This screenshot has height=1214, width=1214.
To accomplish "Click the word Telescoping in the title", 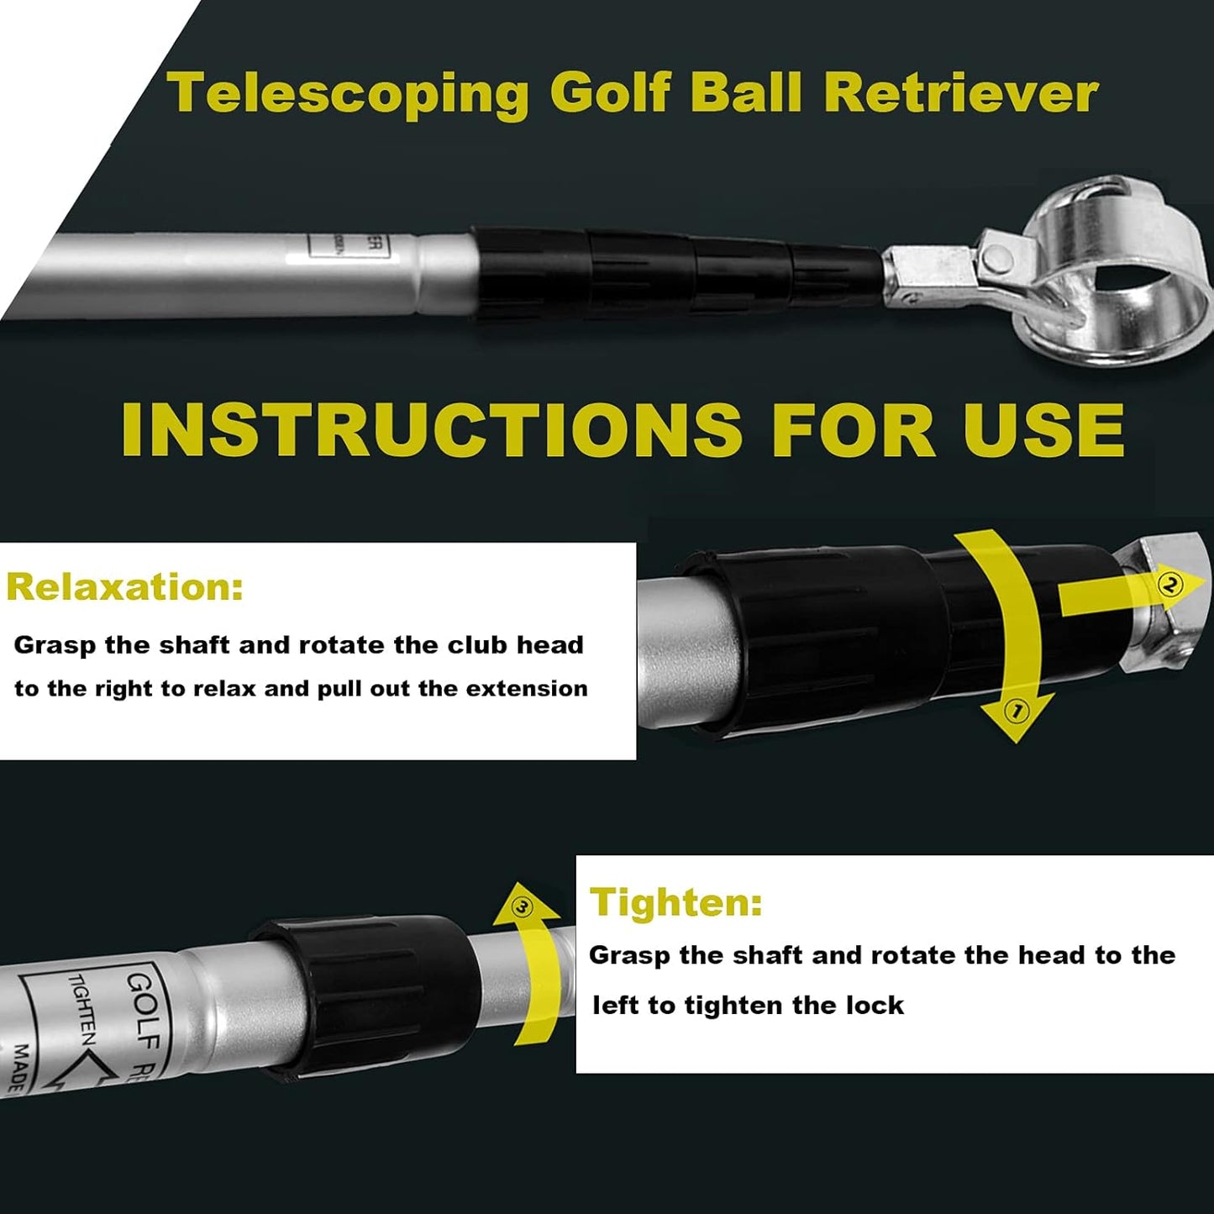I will tap(348, 92).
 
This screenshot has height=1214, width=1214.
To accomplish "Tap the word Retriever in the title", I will tap(960, 92).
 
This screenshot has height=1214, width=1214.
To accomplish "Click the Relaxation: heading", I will tap(125, 586).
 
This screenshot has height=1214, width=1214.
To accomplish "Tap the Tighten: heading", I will tap(676, 902).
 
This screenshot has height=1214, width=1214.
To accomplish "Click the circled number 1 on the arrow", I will tap(1017, 712).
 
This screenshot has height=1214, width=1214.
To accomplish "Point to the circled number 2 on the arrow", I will tap(1170, 584).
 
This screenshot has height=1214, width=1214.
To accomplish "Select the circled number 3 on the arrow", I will tap(523, 907).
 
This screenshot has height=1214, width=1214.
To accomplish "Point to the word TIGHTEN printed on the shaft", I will tap(81, 1008).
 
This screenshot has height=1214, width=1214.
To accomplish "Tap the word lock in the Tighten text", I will tap(875, 1006).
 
